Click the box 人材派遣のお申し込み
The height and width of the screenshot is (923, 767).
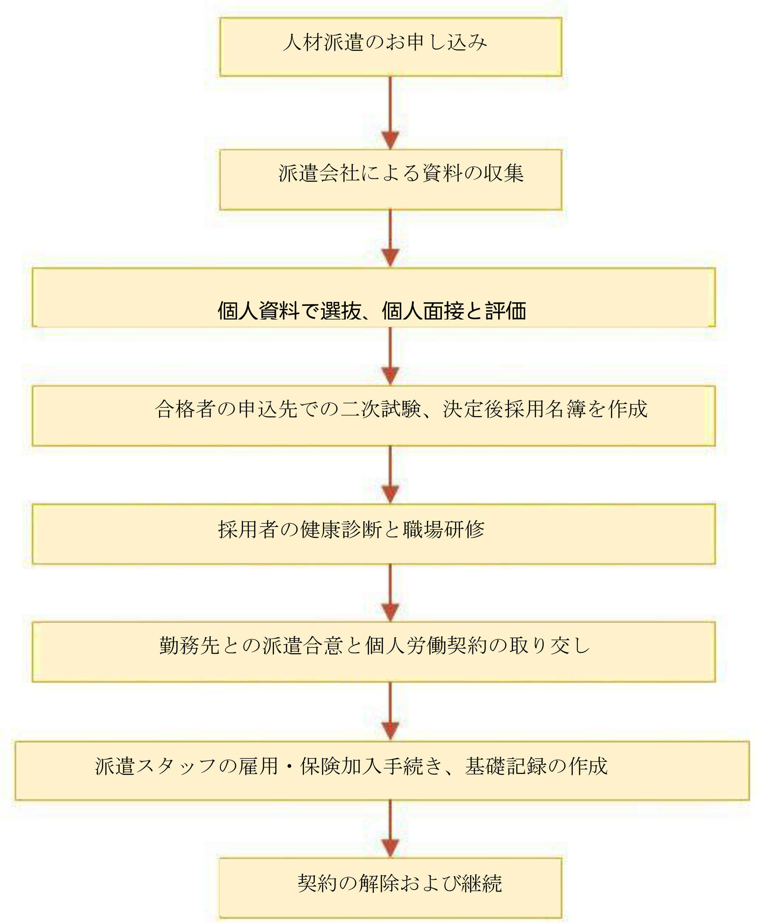click(391, 46)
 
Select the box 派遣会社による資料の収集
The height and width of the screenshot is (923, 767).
click(391, 179)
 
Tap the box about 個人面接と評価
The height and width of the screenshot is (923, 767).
click(374, 297)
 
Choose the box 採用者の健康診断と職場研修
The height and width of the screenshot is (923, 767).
click(374, 534)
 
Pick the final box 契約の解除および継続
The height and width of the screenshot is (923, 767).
click(391, 888)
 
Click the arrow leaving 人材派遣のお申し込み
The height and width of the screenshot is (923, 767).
click(390, 113)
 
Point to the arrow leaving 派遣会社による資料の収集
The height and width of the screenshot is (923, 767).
click(390, 238)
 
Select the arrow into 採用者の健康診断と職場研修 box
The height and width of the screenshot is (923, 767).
click(390, 474)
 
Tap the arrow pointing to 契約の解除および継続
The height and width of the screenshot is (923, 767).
click(390, 829)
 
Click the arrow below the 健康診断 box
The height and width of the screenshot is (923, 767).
click(390, 593)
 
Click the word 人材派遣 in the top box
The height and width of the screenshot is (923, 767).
click(324, 43)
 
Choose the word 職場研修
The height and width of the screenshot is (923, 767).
click(443, 529)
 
